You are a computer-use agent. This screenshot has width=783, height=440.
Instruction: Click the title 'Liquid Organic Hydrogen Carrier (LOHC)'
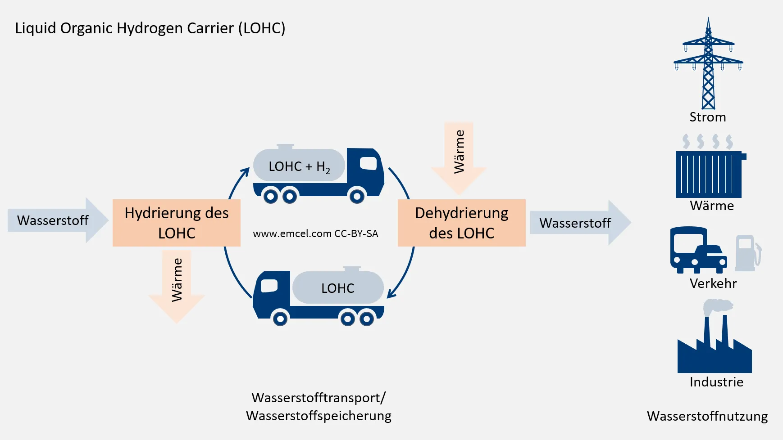[x=150, y=28]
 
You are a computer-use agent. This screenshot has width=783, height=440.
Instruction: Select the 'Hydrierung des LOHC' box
[x=176, y=223]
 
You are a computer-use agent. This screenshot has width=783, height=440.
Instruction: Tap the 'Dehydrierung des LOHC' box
[x=461, y=223]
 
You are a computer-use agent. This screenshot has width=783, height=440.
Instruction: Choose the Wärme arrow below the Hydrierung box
[x=177, y=283]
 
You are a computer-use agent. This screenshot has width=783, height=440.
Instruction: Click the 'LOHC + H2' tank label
[x=299, y=166]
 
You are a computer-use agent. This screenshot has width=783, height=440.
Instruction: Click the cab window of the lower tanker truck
[x=269, y=285]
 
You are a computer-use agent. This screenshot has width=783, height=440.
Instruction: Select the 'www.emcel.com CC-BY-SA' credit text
[x=315, y=234]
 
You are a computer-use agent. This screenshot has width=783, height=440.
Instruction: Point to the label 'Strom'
[x=708, y=117]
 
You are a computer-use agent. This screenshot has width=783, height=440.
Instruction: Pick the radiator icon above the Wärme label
[x=709, y=173]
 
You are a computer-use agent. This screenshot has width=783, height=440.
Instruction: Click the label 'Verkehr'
[x=713, y=284]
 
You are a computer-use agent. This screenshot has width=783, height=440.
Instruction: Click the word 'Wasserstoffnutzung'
[x=707, y=416]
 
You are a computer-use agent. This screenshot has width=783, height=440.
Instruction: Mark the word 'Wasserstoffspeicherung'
[x=319, y=416]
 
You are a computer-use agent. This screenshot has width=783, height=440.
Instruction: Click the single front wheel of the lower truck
[x=280, y=319]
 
